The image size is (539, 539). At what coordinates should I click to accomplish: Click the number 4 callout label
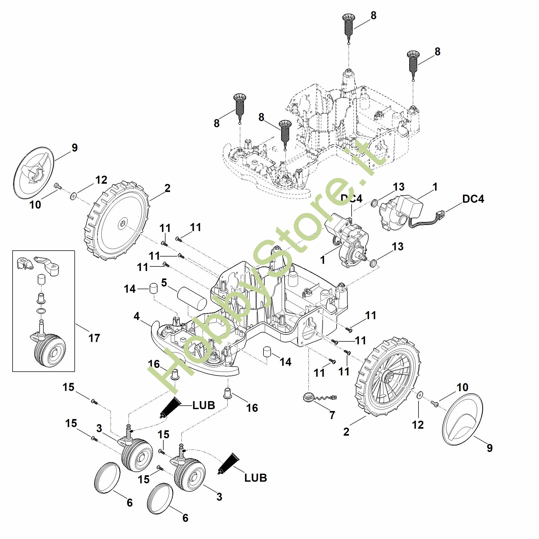click(x=137, y=316)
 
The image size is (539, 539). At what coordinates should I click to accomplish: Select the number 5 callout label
click(x=164, y=282)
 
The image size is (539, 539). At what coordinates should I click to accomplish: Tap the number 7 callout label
click(x=332, y=415)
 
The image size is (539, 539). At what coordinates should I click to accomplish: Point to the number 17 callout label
click(x=94, y=338)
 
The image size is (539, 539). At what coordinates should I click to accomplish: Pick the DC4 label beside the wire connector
click(x=473, y=199)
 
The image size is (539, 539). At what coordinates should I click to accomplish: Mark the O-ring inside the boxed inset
click(x=41, y=311)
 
